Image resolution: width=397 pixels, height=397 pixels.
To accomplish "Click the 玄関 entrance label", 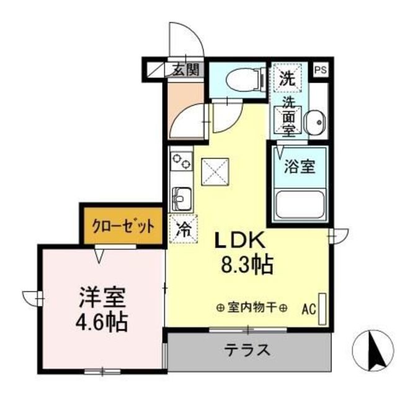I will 185,68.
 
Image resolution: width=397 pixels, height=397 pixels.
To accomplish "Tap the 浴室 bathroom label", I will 299,166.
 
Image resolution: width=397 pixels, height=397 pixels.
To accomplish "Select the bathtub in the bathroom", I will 299,204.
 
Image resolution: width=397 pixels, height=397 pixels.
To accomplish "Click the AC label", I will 308,307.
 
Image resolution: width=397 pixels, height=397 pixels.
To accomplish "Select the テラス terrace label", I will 247,350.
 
